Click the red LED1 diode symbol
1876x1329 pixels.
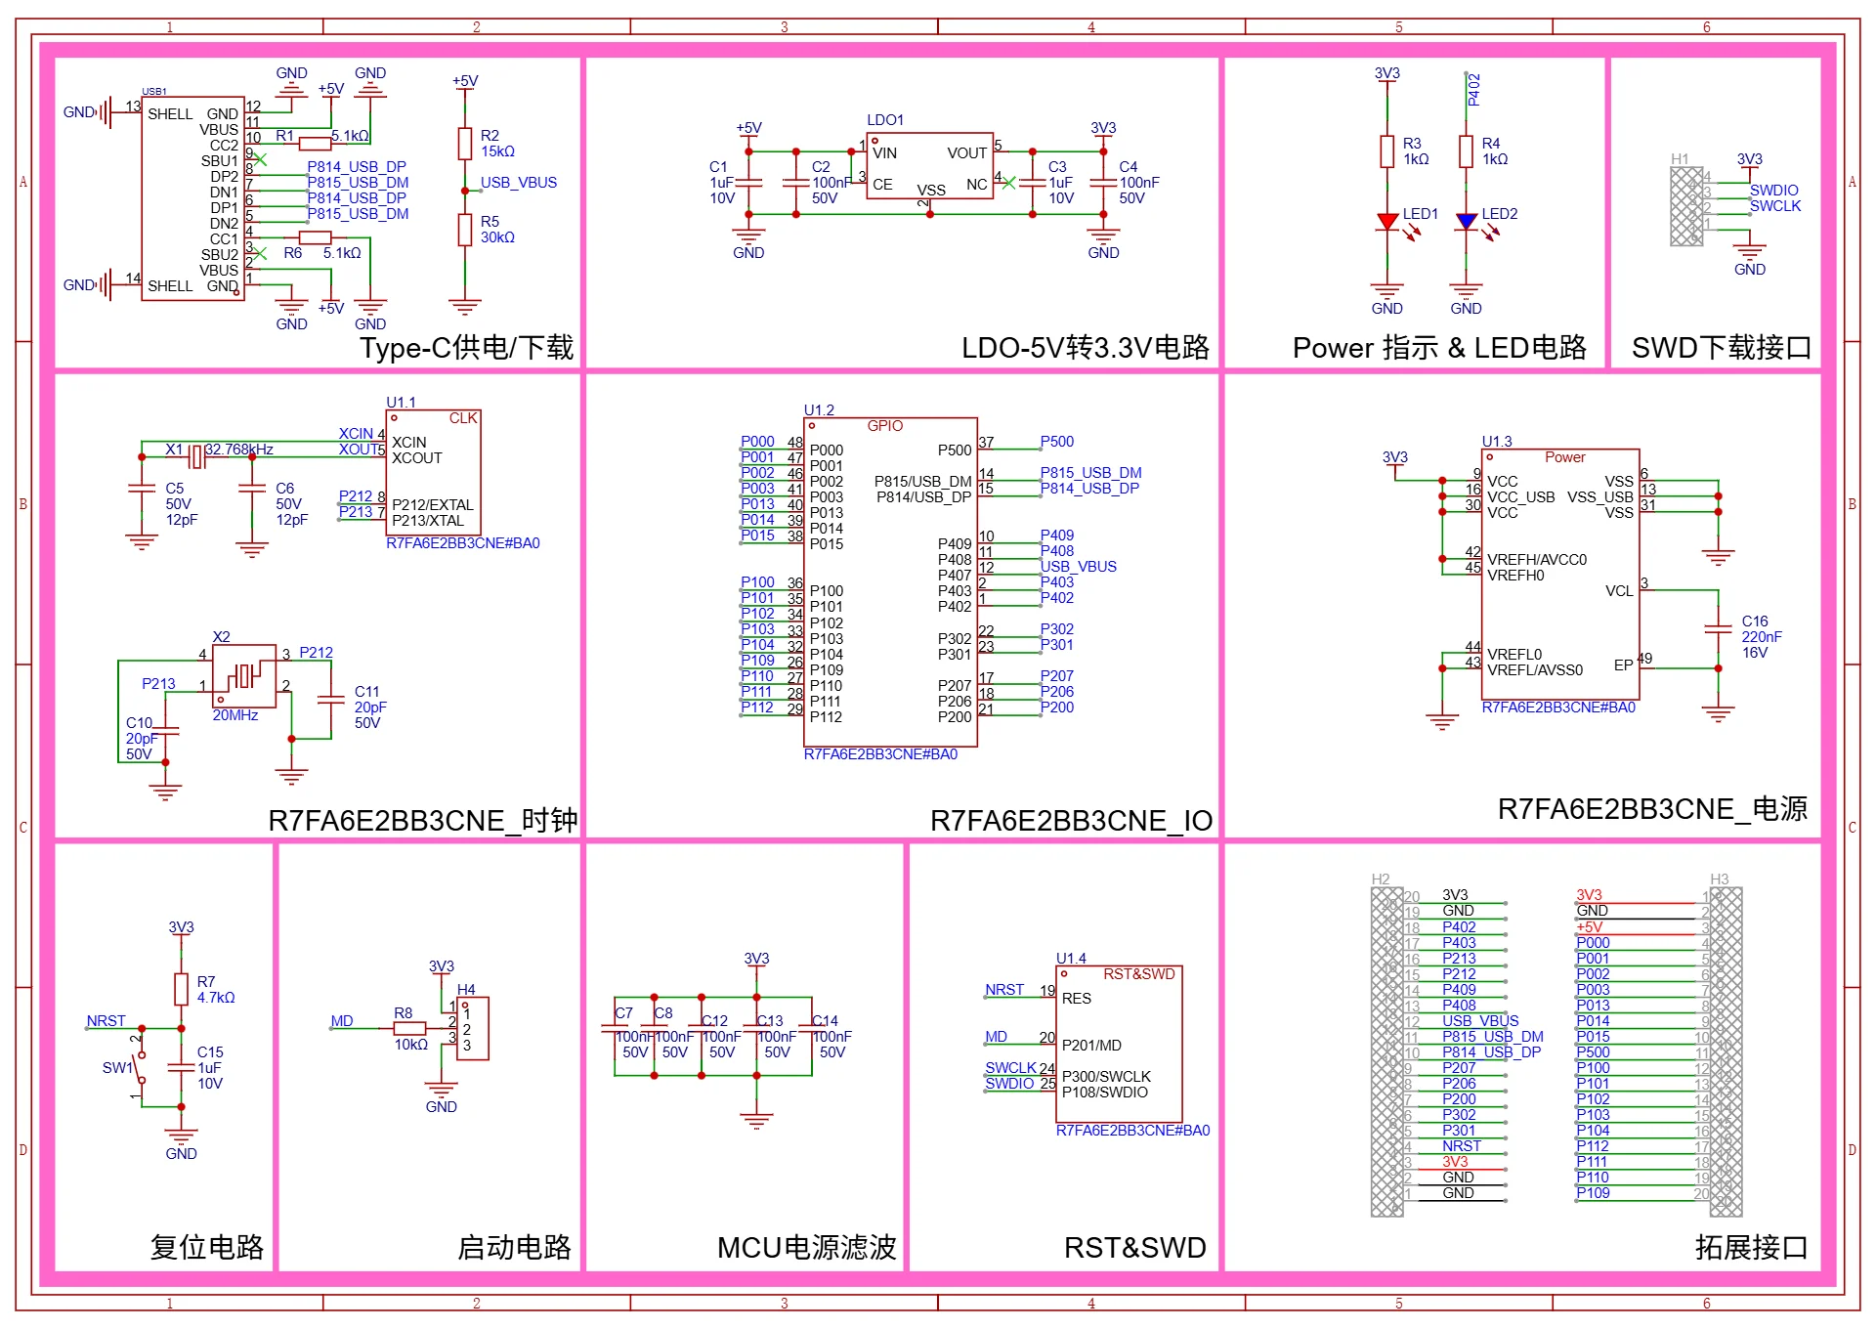[x=1386, y=222]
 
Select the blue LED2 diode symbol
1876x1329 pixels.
[x=1466, y=222]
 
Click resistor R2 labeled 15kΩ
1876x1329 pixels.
[x=465, y=144]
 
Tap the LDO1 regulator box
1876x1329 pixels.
[x=929, y=166]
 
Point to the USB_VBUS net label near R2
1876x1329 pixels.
[x=518, y=183]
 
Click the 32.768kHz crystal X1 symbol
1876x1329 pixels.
[x=196, y=455]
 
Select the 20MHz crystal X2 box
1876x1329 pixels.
[x=244, y=675]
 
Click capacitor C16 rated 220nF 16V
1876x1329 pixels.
[x=1718, y=628]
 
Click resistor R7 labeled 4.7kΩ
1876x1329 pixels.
[x=181, y=989]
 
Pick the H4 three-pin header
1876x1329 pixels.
[x=473, y=1028]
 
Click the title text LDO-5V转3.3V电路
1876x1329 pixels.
[x=1085, y=348]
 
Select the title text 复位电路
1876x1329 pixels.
[x=206, y=1247]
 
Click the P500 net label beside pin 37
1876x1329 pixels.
[x=1056, y=442]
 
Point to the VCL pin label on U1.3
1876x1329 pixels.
[x=1618, y=591]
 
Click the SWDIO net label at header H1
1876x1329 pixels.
[x=1773, y=191]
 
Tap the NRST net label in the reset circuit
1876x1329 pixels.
[x=106, y=1020]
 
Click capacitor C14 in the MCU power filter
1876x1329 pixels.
[x=812, y=1037]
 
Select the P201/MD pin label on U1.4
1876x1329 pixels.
[x=1091, y=1046]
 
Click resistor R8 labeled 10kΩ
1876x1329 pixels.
[x=409, y=1028]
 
